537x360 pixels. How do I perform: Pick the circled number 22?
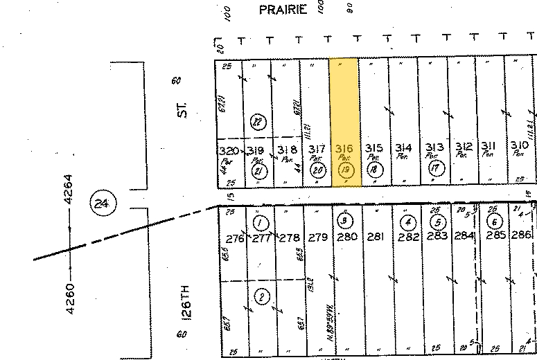click(258, 122)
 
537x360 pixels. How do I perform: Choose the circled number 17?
click(434, 168)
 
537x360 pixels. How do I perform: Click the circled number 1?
click(261, 223)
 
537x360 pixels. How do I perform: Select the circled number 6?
click(494, 222)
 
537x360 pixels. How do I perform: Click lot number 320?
click(228, 150)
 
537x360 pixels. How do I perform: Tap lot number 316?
click(344, 148)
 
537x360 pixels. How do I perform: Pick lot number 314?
click(403, 148)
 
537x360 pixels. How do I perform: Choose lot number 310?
click(518, 145)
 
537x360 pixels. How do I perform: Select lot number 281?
click(375, 237)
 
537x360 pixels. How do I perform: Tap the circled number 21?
click(258, 170)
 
